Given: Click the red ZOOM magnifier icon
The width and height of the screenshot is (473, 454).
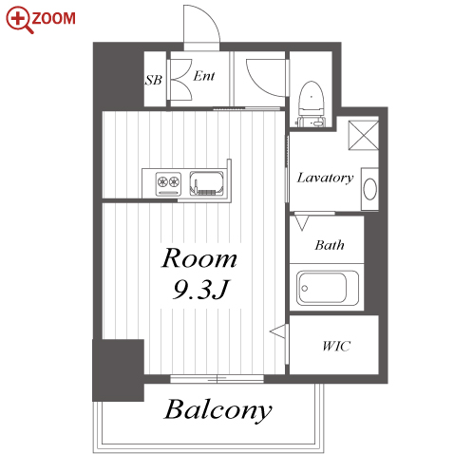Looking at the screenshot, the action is (x=18, y=19).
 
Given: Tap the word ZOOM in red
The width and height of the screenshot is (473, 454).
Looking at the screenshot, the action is (x=54, y=18).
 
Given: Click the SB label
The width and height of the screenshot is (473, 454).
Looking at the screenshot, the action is (x=154, y=80).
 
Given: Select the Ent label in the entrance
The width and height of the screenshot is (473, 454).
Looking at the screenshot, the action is (x=204, y=76).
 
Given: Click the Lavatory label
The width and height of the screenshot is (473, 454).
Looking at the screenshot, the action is (x=325, y=178).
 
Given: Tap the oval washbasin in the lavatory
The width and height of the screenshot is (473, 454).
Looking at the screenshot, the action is (x=369, y=189).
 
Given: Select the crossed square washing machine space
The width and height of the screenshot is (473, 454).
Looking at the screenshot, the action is (x=364, y=135).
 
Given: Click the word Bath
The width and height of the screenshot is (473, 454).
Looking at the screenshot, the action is (x=330, y=245).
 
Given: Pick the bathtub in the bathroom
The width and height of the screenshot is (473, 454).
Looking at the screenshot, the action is (x=328, y=288).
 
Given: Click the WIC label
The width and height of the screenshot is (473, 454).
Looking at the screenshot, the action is (x=336, y=346).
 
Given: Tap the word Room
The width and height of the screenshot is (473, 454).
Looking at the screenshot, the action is (x=199, y=258).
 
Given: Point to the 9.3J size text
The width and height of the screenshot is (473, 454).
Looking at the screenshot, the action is (x=200, y=290).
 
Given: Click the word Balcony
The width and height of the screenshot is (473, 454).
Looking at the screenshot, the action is (x=218, y=409).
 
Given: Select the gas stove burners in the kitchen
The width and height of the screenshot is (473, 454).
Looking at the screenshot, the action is (x=168, y=183).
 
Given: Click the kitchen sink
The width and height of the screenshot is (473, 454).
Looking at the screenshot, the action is (x=206, y=183).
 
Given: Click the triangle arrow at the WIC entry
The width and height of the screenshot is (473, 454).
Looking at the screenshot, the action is (x=278, y=331).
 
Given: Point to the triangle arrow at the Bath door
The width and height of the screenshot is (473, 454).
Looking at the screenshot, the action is (x=301, y=222).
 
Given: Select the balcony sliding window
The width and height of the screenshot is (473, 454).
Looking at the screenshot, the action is (x=217, y=379).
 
